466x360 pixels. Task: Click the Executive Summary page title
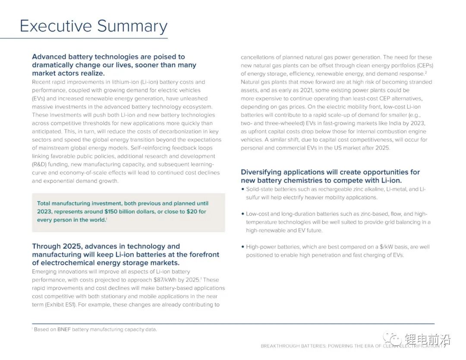tap(94, 26)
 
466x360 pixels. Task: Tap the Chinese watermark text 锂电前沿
tap(427, 339)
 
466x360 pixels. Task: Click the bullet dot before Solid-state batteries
tap(242, 189)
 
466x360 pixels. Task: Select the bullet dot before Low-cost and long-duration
tap(242, 214)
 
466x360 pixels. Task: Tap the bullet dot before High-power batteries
tap(242, 247)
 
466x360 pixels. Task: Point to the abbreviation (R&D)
tap(40, 164)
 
